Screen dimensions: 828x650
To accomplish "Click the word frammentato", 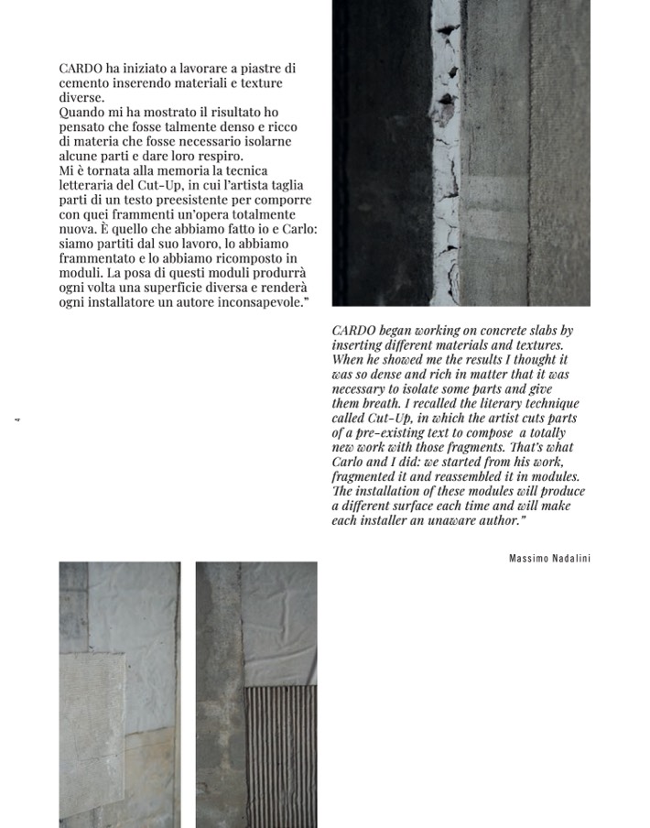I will [x=99, y=259].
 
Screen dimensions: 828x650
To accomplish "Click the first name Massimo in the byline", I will [x=528, y=558].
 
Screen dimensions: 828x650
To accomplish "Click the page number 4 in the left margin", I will [x=17, y=420].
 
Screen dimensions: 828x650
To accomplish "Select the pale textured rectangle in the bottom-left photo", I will [x=92, y=724].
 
